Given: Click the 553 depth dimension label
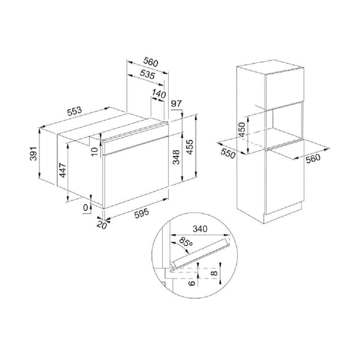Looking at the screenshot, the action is click(75, 111).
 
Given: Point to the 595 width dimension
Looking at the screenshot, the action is click(141, 213).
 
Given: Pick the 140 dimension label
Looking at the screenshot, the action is click(159, 94).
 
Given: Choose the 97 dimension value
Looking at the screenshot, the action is click(176, 104).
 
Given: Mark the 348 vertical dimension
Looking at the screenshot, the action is click(176, 157).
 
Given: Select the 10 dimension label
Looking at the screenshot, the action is click(95, 151).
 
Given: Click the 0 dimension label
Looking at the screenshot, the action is click(85, 208).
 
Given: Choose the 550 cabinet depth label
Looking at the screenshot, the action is click(228, 154).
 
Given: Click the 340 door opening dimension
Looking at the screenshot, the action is click(200, 229).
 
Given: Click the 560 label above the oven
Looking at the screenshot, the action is click(151, 62).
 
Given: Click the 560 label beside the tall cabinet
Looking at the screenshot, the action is click(313, 158).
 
